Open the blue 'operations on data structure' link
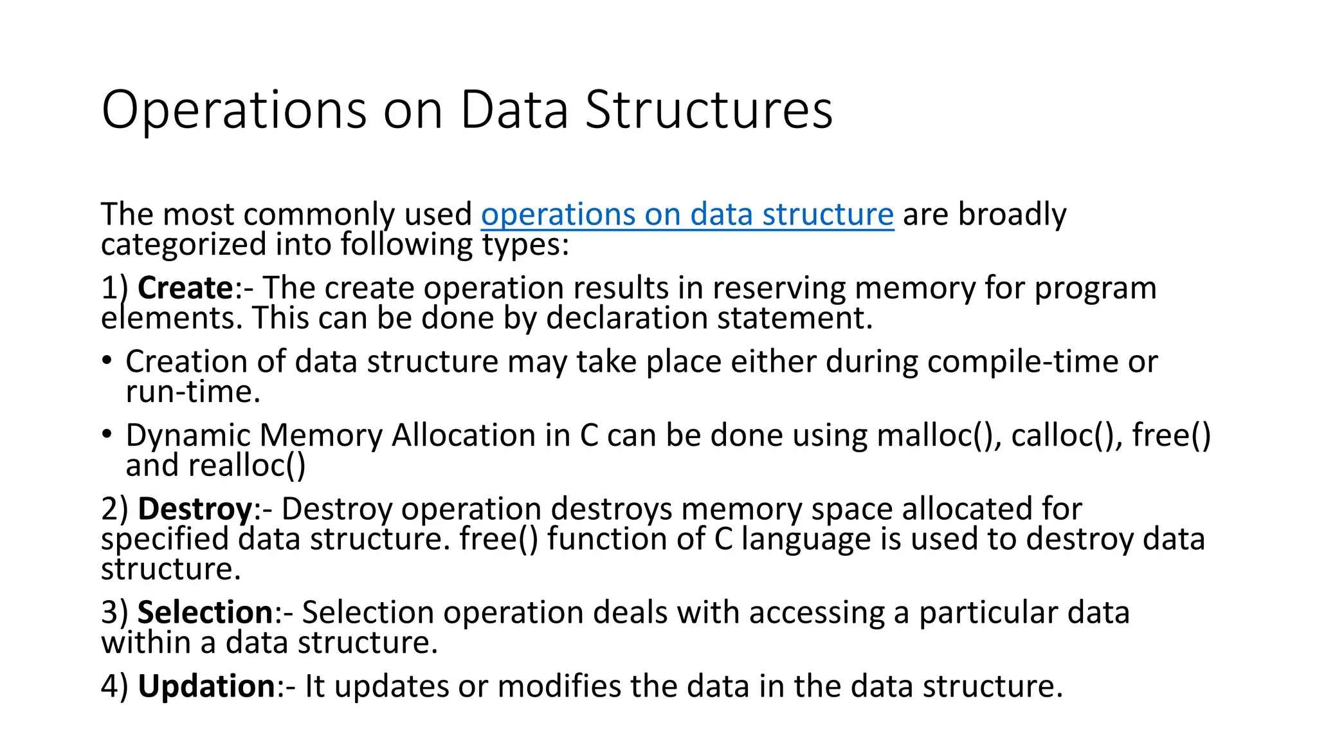pyautogui.click(x=687, y=214)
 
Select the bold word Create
pyautogui.click(x=185, y=288)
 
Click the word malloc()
pyautogui.click(x=939, y=435)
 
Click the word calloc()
pyautogui.click(x=1066, y=435)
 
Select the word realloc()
pyautogui.click(x=247, y=466)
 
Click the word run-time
pyautogui.click(x=193, y=392)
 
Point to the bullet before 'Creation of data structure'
pyautogui.click(x=107, y=360)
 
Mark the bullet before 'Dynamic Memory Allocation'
pyautogui.click(x=107, y=434)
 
